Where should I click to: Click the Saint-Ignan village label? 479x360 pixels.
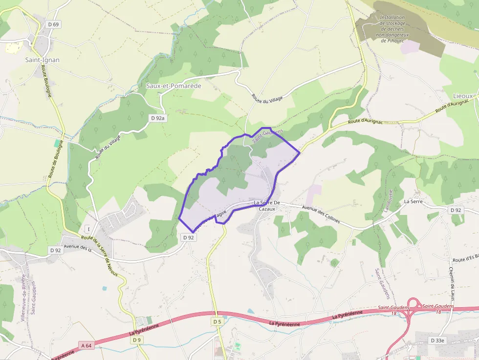click(x=43, y=60)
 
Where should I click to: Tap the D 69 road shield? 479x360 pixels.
click(x=53, y=24)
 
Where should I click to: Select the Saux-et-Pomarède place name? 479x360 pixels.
click(x=174, y=85)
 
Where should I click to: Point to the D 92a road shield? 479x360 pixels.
click(x=158, y=118)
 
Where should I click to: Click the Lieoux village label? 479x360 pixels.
click(x=463, y=96)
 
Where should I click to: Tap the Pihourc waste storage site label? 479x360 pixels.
click(x=392, y=29)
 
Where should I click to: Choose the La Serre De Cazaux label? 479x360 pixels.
click(x=267, y=206)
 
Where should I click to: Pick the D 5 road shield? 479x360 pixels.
click(x=218, y=322)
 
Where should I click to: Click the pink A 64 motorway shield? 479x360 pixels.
click(x=87, y=346)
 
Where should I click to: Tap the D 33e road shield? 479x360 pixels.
click(x=437, y=340)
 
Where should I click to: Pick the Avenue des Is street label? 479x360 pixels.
click(x=78, y=247)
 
